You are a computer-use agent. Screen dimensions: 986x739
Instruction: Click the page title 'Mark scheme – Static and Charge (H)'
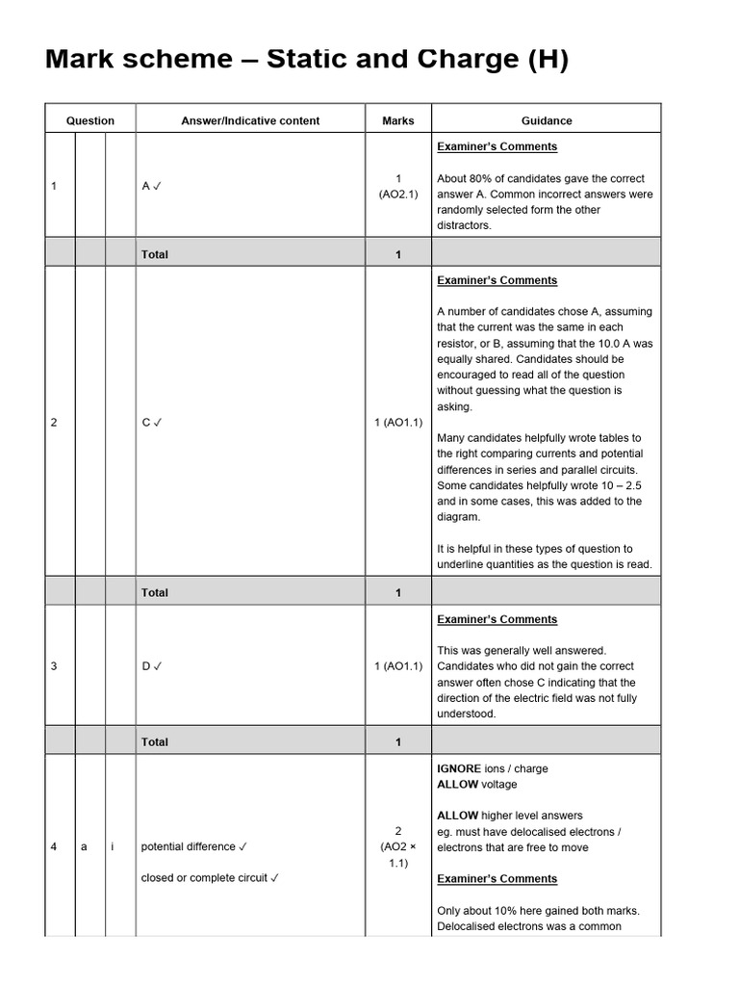tap(307, 61)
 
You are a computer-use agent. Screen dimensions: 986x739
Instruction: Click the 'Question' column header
tap(90, 120)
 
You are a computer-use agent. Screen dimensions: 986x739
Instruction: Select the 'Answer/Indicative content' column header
tap(250, 120)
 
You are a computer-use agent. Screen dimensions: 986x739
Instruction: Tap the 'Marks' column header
tap(398, 120)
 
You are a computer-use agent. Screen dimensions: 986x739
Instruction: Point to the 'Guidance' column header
tap(547, 120)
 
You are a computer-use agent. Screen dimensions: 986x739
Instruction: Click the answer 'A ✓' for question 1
tap(151, 186)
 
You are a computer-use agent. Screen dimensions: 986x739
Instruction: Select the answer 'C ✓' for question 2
tap(151, 422)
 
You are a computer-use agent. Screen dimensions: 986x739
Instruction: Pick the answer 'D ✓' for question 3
tap(151, 666)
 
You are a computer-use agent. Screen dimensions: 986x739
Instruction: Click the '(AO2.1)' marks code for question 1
tap(398, 194)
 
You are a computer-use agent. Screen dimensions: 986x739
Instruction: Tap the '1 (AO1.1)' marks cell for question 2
tap(398, 422)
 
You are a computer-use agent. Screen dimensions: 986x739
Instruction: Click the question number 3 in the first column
tap(54, 666)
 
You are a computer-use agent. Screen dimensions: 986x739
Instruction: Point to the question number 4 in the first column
tap(54, 846)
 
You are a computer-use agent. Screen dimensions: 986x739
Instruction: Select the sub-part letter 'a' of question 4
tap(84, 846)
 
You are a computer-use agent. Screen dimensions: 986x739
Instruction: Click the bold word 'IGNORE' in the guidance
tap(459, 768)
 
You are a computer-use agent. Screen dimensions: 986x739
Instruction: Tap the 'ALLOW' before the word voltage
tap(457, 784)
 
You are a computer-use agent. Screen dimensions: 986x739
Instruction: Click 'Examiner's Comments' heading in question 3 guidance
tap(497, 619)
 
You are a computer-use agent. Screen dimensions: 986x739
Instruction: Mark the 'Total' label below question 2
tap(154, 592)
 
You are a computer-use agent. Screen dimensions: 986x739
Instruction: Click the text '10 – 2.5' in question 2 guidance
tap(620, 485)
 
